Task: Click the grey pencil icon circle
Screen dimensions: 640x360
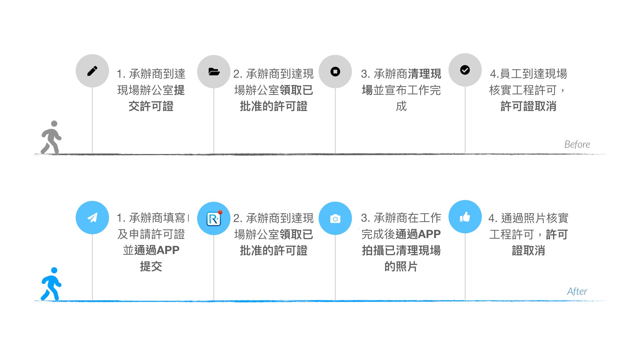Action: pos(92,71)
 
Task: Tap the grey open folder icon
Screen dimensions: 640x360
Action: pos(214,72)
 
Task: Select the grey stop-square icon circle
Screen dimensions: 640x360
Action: pos(335,72)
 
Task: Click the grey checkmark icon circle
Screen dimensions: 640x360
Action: pos(465,70)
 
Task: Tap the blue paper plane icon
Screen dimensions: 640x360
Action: pos(92,218)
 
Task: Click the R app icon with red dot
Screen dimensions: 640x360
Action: pos(214,219)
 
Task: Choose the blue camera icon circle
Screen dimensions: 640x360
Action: pos(335,218)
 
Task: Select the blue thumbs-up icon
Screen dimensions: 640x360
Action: pos(465,217)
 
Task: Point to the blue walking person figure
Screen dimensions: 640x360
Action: pos(51,284)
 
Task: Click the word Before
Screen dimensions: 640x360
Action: pos(577,144)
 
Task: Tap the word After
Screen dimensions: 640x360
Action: pos(577,291)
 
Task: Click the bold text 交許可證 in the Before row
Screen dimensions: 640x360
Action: pos(151,106)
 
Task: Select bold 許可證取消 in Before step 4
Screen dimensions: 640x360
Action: pos(528,106)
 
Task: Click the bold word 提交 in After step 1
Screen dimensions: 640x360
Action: pos(151,266)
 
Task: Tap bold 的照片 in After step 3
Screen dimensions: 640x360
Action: pos(401,266)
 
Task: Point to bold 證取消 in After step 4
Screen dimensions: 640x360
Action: pos(528,250)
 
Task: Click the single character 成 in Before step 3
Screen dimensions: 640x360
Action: pos(401,106)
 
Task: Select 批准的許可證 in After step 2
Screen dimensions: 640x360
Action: pos(274,250)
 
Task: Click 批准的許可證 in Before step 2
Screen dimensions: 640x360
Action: pos(274,106)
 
